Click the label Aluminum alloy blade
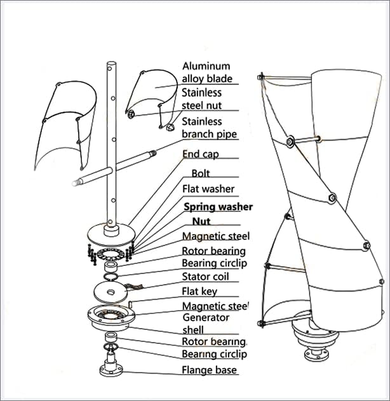206,72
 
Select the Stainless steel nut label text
201,100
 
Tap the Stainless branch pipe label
209,128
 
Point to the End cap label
200,154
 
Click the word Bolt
200,173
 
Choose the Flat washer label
208,188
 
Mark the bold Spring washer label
218,207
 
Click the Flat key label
199,291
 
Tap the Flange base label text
209,370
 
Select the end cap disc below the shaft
111,232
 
